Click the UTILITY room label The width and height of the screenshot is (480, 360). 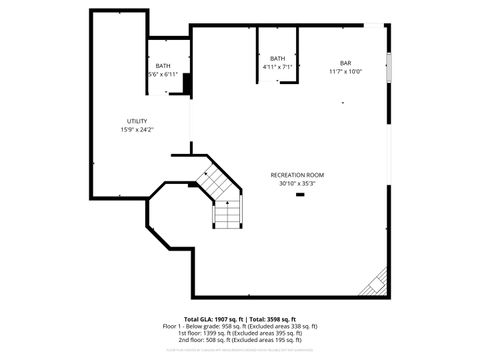pos(136,120)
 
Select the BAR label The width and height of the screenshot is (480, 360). pos(345,63)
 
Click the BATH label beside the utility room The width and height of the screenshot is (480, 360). pos(162,66)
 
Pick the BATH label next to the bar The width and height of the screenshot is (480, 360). pos(277,58)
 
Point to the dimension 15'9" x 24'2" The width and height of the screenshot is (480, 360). pos(136,129)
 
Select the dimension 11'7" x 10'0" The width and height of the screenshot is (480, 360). pos(345,72)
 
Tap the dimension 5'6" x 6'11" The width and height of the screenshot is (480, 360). pos(162,75)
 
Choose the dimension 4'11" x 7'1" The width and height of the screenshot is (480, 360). pos(277,67)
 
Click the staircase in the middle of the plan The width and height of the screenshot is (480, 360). pos(226,200)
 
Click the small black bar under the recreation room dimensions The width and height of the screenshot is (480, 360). pos(298,194)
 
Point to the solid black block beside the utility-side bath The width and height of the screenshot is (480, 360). pos(185,83)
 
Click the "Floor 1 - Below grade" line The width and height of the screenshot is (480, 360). pos(240,326)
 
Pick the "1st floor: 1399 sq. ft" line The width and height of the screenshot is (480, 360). pos(240,333)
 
